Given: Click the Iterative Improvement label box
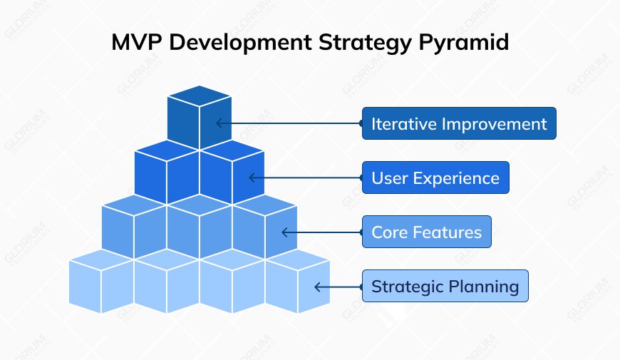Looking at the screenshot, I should tap(458, 123).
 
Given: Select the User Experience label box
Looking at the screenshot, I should tap(435, 178).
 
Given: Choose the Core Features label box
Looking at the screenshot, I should tap(426, 232).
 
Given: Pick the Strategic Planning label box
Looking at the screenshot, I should tap(445, 287).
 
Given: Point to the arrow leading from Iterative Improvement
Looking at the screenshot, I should tap(289, 123).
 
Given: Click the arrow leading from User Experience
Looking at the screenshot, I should tap(305, 178).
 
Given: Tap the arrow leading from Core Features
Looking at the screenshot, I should tap(321, 232).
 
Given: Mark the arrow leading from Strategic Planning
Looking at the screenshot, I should tap(338, 287).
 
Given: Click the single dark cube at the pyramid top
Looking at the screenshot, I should tap(199, 118).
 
